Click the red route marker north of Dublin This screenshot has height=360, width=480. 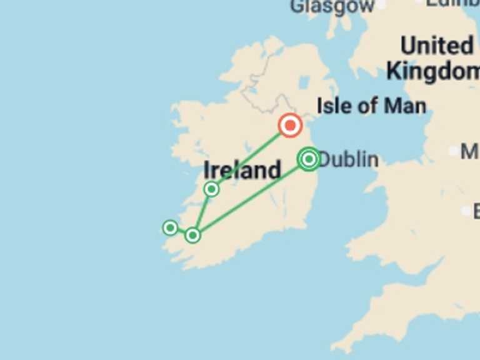pos(290,126)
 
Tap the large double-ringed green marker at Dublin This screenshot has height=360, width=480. pos(308,159)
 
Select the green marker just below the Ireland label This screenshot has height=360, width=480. pos(212,189)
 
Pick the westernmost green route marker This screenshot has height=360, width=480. pos(170,227)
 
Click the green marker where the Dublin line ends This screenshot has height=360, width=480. pos(192,235)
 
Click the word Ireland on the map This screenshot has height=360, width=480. pos(242,170)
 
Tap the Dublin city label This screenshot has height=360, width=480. pos(349,160)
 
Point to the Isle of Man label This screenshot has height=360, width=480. pos(371,106)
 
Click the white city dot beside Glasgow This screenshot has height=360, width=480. pos(381,6)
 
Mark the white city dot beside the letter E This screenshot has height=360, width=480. pos(466,211)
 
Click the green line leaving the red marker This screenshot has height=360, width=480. pos(250,157)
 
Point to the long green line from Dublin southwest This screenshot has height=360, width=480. pos(250,197)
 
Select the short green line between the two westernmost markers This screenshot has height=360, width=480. pos(181,231)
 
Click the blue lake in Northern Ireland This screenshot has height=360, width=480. pos(304,82)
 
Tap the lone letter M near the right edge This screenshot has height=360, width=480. pos(469,151)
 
